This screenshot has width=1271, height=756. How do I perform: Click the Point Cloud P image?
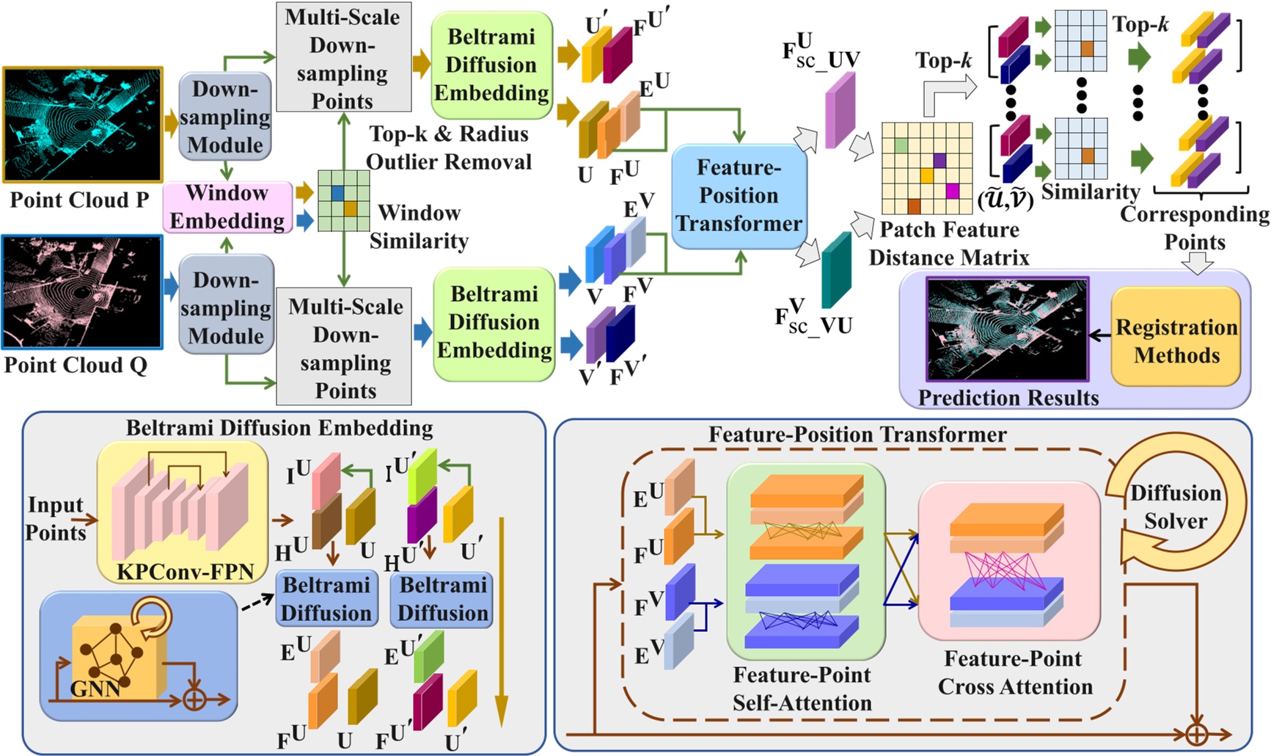coord(83,124)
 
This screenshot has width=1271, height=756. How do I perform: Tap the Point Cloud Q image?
coord(82,292)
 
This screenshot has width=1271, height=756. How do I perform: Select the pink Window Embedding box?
coord(227,207)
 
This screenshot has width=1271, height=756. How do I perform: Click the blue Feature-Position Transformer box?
coord(739,196)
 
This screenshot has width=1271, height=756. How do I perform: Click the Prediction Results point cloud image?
coord(1007,329)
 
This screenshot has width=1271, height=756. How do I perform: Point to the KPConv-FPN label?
coord(186,571)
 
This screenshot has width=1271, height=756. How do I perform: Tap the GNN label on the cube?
coord(96,688)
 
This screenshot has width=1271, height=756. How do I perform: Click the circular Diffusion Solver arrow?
coord(1175,506)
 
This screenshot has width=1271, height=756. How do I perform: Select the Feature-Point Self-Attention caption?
coord(802,688)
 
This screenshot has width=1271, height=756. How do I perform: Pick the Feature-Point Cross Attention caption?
coord(1014,672)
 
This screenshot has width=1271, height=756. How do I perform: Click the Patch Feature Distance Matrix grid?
coord(927,168)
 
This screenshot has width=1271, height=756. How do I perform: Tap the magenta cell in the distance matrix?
coord(953,192)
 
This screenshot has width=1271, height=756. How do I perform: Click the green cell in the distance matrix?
coord(901,145)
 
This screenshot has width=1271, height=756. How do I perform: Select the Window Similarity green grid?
coord(343,200)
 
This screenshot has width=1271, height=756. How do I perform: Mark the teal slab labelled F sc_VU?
coord(836,270)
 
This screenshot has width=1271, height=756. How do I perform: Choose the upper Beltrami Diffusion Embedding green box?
coord(491,65)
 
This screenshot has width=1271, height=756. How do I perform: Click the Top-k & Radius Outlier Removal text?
coord(449,148)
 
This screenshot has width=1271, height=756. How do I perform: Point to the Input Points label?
coord(56,518)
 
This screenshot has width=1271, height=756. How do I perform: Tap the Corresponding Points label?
coord(1195,228)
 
